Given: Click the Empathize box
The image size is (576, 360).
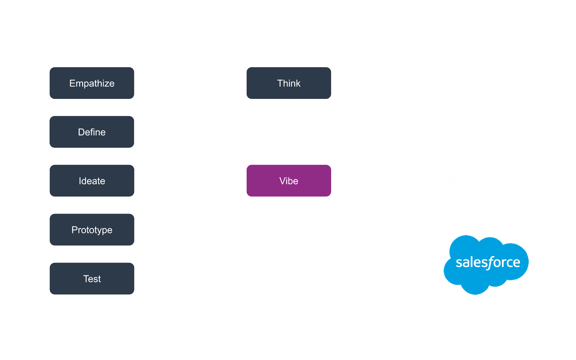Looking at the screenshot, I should [x=92, y=83].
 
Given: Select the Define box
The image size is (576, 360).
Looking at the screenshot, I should [x=92, y=132].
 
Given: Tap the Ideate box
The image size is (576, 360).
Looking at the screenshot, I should [x=92, y=181].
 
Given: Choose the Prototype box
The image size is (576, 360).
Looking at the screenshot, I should [x=92, y=230].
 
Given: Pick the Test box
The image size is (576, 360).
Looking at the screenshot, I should [x=92, y=279].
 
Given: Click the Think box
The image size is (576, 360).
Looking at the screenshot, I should [x=288, y=83].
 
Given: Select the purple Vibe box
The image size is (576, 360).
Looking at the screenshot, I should [x=288, y=181].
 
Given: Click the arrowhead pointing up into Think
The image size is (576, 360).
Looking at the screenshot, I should [x=288, y=102].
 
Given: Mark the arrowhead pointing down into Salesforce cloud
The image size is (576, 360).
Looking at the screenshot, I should [x=486, y=233].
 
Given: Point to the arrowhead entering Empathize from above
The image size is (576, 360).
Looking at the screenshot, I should [x=92, y=64].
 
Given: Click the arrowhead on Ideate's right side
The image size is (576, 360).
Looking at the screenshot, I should [x=137, y=181].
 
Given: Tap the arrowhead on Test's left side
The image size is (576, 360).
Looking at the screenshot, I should [x=47, y=279].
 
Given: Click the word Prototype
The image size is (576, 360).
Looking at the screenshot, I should [x=92, y=230].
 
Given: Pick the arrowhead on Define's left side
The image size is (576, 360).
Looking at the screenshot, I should [x=47, y=132].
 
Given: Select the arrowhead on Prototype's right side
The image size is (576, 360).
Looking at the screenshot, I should [x=137, y=230].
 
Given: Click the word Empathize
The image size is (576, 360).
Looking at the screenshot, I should [x=92, y=83].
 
